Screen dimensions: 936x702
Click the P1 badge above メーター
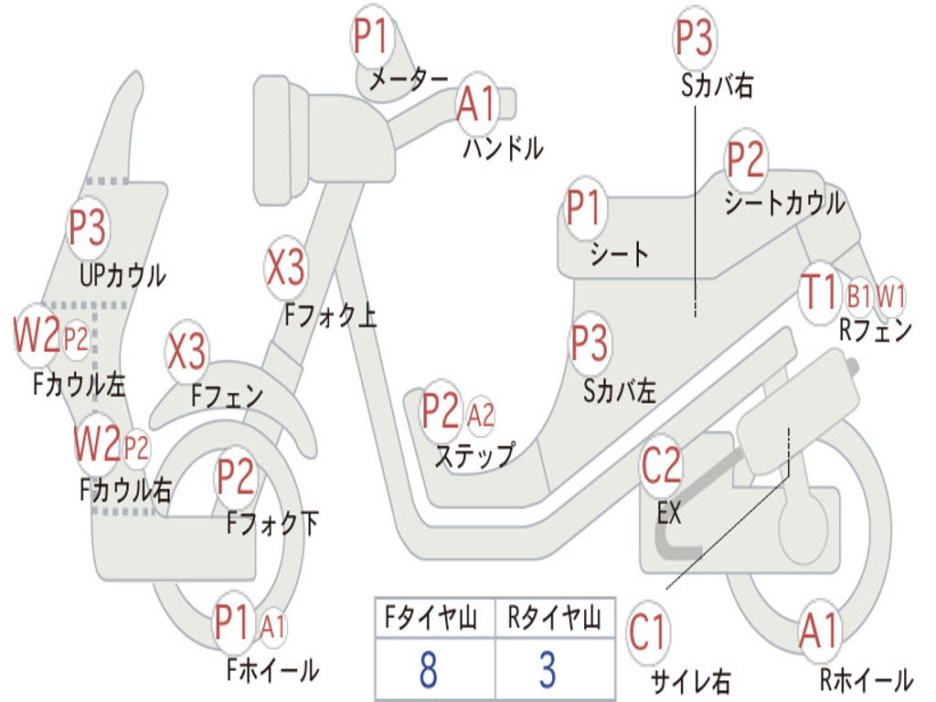(373, 37)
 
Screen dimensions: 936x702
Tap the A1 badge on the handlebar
(477, 103)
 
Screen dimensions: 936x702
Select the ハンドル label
(503, 148)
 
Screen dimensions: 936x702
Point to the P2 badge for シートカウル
(746, 159)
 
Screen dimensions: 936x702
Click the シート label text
(619, 254)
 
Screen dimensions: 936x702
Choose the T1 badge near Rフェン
(820, 292)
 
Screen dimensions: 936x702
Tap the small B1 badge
(859, 295)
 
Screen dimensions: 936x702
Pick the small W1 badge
(890, 295)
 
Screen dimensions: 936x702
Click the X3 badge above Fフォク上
(286, 267)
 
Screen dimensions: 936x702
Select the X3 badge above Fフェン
(186, 351)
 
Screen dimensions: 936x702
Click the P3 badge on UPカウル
(88, 228)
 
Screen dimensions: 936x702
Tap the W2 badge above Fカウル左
(37, 335)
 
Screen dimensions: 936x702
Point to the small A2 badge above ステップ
(481, 415)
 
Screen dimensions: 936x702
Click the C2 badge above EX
(662, 465)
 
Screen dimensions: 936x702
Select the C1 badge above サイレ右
(647, 633)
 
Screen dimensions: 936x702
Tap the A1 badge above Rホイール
(820, 631)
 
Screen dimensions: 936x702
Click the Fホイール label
(272, 670)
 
